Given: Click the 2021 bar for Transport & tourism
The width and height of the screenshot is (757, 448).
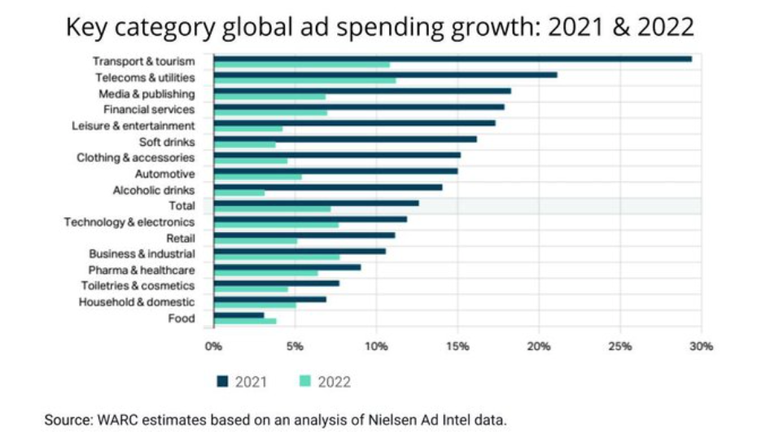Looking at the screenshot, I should coord(452,59).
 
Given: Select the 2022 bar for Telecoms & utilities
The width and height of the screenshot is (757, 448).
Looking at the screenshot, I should coord(304,81).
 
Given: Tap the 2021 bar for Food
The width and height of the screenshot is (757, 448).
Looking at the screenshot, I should coord(238,314).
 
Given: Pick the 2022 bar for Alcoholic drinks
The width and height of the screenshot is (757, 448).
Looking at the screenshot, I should coord(238,193).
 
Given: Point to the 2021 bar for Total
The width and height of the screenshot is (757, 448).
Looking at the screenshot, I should coord(316,203).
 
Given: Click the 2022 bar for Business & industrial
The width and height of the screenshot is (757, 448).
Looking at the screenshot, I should coord(276,257).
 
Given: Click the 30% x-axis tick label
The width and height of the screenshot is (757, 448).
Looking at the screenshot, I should coord(701,346).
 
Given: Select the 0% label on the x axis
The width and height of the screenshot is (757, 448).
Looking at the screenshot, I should coord(213,346).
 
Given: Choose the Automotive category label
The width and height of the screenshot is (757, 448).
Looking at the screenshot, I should coord(164,173).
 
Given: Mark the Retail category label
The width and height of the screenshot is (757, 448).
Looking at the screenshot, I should coord(180,238).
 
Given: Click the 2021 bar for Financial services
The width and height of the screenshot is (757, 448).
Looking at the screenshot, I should coord(358,107).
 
